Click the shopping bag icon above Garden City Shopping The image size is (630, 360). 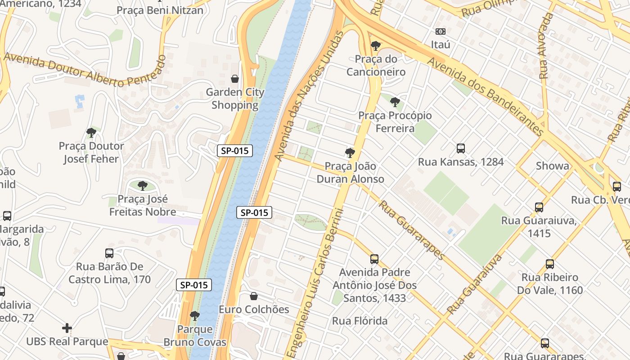pos(235,79)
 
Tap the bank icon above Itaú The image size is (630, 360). pos(441,31)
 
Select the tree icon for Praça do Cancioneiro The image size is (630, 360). pos(375,46)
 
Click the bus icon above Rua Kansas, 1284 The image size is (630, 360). pos(461,148)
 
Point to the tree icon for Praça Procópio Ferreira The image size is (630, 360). pos(395,102)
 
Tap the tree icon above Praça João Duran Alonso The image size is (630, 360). pos(350,153)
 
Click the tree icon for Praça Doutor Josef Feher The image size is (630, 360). pos(91,133)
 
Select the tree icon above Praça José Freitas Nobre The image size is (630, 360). pos(143,185)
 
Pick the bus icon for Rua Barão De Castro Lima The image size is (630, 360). pos(109,253)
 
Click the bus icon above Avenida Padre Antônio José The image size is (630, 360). pos(374,259)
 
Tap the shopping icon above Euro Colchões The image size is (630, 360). pos(254,297)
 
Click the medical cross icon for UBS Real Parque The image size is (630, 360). pos(67,328)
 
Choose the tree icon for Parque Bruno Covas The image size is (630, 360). pos(195,316)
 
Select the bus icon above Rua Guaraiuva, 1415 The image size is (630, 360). pos(539,207)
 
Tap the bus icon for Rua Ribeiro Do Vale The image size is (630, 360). pos(550,264)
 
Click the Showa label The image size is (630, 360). pos(552,166)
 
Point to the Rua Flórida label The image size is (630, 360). pos(360,321)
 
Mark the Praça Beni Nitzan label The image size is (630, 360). pos(160,10)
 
